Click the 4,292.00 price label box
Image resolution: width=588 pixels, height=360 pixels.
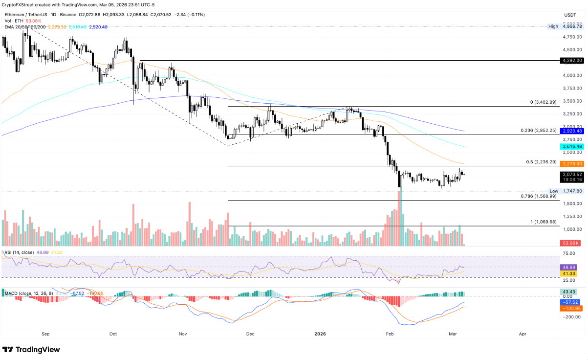[572, 60]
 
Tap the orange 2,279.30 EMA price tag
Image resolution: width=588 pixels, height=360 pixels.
[572, 163]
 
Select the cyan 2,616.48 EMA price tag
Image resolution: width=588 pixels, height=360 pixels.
[572, 146]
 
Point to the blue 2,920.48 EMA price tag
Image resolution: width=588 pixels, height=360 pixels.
[572, 131]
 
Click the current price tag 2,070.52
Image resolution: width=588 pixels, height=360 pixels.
[572, 174]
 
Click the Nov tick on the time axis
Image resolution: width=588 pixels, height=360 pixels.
[183, 334]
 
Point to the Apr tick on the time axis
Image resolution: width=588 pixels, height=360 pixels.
[523, 334]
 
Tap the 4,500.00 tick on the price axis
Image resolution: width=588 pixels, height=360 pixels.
[572, 49]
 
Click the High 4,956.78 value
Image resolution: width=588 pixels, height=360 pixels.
[572, 26]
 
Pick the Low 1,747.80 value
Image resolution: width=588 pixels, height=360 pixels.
[572, 191]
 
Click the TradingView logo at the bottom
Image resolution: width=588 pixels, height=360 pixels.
[31, 350]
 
